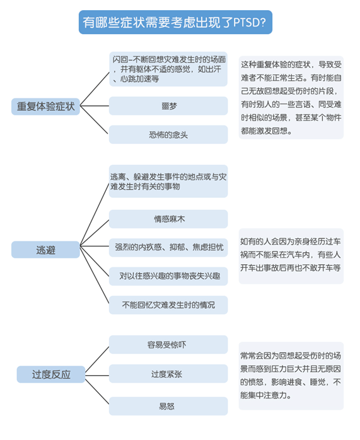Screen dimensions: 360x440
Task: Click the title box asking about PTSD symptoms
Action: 175,22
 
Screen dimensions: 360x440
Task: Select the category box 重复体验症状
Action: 45,107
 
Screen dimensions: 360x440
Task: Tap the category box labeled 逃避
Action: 45,250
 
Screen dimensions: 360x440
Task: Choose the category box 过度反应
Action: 51,374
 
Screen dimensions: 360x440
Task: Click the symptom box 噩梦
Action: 168,106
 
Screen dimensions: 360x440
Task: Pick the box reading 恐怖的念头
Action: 168,135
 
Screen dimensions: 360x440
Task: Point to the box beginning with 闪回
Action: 168,69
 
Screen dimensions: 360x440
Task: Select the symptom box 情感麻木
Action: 168,219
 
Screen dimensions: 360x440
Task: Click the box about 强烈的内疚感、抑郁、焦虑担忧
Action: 168,248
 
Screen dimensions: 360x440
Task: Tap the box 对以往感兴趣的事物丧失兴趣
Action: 168,276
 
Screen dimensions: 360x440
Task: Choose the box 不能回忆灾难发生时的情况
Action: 168,304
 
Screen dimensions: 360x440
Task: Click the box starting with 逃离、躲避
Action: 168,182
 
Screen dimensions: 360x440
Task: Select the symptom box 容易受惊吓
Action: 168,345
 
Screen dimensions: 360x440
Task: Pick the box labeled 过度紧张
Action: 168,374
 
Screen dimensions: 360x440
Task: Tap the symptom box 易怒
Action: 168,406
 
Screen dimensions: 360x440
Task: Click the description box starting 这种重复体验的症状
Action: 291,97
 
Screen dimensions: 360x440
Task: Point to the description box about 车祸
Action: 291,256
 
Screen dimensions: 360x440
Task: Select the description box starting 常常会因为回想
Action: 291,376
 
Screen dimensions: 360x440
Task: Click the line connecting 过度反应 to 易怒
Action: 97,391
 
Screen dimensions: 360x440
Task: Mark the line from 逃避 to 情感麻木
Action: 95,233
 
